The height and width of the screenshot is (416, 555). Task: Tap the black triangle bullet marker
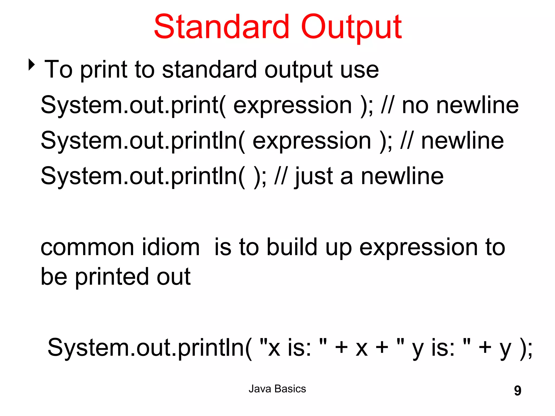[x=32, y=65]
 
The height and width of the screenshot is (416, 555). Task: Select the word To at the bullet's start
[x=59, y=70]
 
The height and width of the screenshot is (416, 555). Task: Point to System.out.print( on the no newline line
[x=133, y=105]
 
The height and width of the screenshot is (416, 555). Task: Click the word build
[x=292, y=247]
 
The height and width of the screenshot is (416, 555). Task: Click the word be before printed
[x=54, y=277]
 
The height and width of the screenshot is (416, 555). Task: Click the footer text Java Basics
[x=277, y=389]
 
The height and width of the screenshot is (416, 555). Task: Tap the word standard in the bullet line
[x=209, y=70]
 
